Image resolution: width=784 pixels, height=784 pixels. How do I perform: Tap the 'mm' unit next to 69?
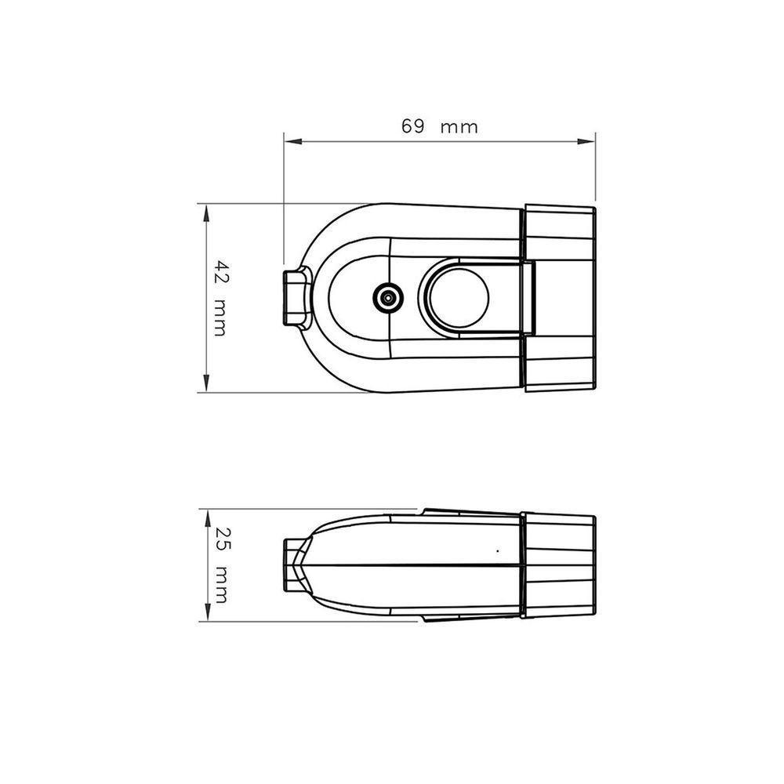click(x=459, y=128)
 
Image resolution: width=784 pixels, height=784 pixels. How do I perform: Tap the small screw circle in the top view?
click(x=387, y=298)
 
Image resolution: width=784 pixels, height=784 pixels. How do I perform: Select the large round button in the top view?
click(x=455, y=298)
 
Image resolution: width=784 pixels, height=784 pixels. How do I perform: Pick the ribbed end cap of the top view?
click(x=558, y=298)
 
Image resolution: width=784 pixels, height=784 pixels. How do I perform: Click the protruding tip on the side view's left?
click(x=294, y=564)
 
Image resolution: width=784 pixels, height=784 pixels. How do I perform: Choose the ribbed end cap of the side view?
click(x=558, y=564)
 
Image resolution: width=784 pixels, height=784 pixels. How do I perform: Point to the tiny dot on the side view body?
click(x=497, y=551)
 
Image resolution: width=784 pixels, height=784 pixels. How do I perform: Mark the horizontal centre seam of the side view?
click(x=408, y=564)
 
